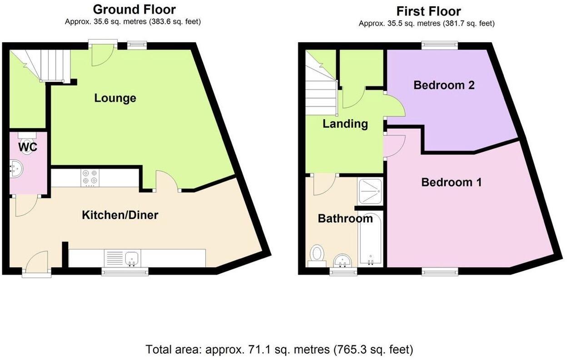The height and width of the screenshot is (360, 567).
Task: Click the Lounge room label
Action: tap(115, 98)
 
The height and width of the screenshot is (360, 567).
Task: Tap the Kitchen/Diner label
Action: tap(120, 215)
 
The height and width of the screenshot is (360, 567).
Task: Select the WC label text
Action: tap(28, 147)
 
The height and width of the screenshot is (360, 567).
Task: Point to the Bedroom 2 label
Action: tap(444, 85)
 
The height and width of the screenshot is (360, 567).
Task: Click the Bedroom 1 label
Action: tap(451, 182)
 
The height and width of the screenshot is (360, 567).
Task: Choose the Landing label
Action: tap(345, 124)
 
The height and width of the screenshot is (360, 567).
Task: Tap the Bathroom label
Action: tap(345, 219)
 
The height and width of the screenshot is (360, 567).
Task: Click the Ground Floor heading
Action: tap(134, 9)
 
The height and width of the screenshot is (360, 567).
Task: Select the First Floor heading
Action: tap(428, 11)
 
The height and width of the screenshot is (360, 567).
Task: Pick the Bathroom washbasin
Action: tap(343, 261)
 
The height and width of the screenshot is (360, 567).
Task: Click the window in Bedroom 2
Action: tap(439, 45)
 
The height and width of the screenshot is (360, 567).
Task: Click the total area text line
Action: tap(279, 350)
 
